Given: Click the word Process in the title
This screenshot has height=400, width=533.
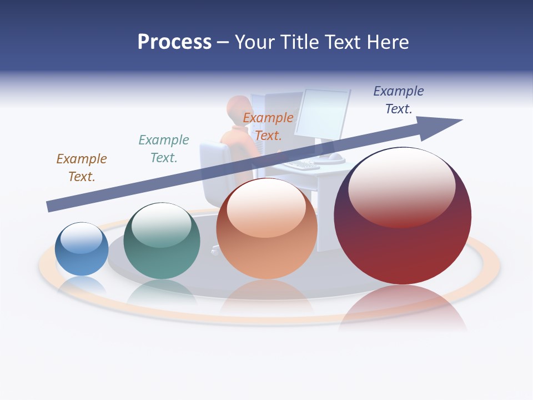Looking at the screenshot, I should [174, 42].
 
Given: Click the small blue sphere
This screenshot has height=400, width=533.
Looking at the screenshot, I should [82, 250].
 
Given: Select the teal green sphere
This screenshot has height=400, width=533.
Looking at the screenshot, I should [162, 242].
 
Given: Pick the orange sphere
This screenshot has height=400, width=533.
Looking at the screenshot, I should [266, 229].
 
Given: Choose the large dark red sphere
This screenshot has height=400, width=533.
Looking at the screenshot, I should [403, 217].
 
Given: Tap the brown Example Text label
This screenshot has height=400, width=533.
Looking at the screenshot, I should [82, 168].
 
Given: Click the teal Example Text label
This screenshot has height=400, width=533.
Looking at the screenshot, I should [164, 149].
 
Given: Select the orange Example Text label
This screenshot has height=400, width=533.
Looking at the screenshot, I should [268, 127].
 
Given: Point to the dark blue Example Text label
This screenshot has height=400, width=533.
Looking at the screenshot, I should [399, 100].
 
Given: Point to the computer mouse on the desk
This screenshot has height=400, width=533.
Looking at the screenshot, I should [335, 157].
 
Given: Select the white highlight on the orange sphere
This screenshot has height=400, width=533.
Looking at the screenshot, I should [266, 208].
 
